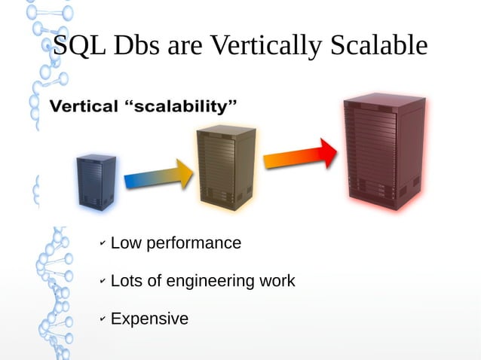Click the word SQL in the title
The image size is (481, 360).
tap(81, 47)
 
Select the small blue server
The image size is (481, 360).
tap(96, 182)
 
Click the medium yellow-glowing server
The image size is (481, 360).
tap(225, 166)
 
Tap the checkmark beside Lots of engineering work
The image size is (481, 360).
tap(103, 282)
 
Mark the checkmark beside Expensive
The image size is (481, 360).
tap(103, 320)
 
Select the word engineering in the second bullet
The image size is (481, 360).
tap(210, 282)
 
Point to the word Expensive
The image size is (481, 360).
tap(149, 319)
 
